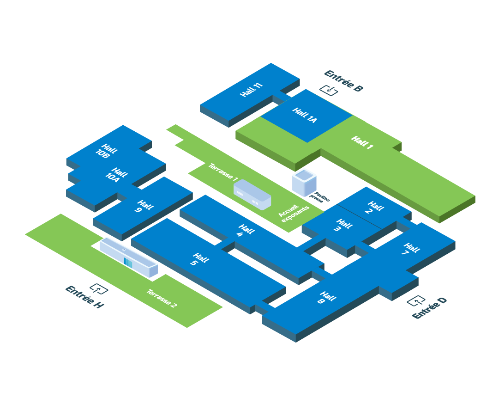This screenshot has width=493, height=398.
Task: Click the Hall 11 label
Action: [x=252, y=90]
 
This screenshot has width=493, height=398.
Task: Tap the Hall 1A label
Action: [x=305, y=116]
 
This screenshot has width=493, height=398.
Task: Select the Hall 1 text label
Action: [x=362, y=142]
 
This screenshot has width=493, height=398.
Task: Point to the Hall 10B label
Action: [x=106, y=151]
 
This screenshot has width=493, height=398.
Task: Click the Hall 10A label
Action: [x=116, y=175]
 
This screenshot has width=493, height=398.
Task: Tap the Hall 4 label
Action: [x=244, y=231]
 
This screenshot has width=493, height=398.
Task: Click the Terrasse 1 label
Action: [x=223, y=172]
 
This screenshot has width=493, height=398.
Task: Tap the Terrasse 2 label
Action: [x=162, y=298]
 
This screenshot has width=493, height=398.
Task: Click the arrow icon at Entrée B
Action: [x=329, y=90]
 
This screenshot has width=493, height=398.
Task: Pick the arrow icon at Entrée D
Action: [x=416, y=301]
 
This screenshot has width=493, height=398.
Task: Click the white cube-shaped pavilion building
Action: [x=304, y=182]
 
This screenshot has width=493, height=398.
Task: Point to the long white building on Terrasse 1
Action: [x=252, y=194]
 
